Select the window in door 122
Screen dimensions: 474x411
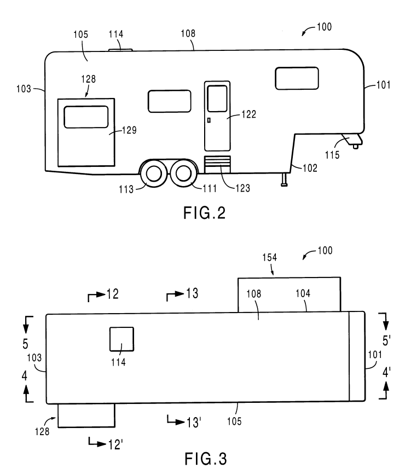[x=217, y=99]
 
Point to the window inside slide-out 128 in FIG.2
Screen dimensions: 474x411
[x=86, y=117]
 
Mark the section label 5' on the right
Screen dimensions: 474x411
[x=386, y=340]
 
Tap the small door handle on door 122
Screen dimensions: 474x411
[x=209, y=119]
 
